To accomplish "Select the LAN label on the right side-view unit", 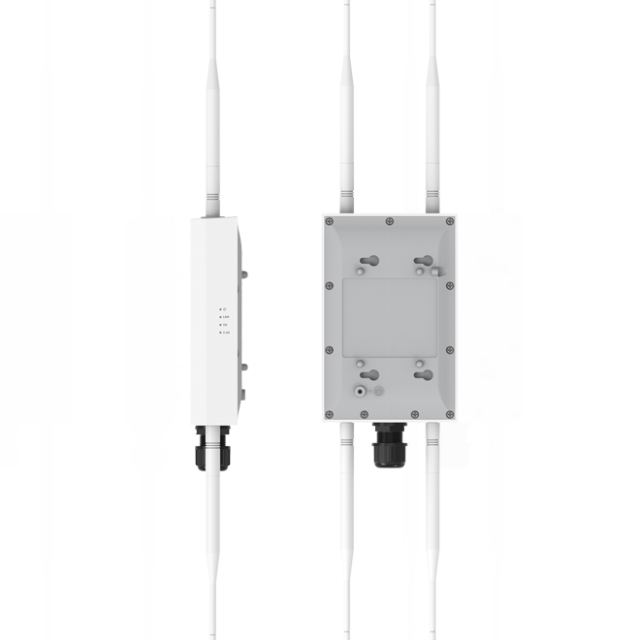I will [226, 316].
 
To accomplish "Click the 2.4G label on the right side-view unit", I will [226, 333].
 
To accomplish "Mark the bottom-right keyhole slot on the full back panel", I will [422, 374].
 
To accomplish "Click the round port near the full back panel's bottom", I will [362, 392].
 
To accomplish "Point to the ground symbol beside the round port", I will [379, 392].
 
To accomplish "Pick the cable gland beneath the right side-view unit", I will [212, 447].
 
